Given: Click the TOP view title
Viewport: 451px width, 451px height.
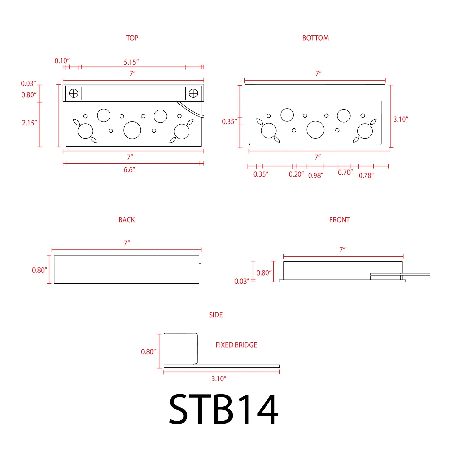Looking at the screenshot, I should [132, 38].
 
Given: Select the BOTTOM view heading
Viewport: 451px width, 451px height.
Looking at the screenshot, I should [315, 38].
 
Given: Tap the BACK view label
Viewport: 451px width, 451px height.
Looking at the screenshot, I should [126, 220].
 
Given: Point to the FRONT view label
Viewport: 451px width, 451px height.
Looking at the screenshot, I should [339, 220].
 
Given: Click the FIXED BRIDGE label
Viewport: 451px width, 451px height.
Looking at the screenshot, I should [236, 345].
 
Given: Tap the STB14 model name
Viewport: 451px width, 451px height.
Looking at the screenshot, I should [224, 409].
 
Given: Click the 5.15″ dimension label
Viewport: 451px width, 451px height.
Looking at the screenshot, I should [131, 62].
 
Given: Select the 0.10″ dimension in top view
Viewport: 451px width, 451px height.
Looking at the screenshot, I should [62, 61].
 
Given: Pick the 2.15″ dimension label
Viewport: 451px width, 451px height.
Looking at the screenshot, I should [29, 123].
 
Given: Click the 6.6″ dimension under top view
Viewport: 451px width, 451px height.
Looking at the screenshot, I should [129, 170].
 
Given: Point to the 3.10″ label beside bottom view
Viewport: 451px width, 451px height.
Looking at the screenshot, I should [401, 119].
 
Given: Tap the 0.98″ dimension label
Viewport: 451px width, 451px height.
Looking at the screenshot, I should [316, 175].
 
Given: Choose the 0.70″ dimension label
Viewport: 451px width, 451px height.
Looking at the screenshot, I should [345, 172].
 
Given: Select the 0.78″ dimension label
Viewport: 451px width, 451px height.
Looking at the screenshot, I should [366, 175].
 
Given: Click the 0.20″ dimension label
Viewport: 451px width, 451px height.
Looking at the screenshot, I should [296, 174].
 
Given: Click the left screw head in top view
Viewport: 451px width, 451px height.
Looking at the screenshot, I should [74, 93].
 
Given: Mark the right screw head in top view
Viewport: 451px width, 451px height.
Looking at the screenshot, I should [193, 93].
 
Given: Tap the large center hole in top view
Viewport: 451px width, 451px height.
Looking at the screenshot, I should [132, 130].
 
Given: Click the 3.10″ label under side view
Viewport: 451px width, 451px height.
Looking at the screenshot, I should [219, 379].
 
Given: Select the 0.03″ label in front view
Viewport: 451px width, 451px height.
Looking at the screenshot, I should [242, 281].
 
